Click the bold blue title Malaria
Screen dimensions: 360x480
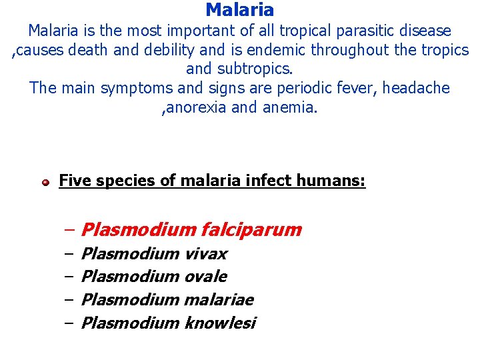click(240, 10)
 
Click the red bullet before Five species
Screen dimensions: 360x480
click(45, 182)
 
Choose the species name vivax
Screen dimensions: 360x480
click(205, 254)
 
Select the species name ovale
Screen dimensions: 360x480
click(205, 277)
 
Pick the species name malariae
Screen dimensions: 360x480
click(219, 300)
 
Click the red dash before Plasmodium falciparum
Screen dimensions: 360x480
click(69, 230)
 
